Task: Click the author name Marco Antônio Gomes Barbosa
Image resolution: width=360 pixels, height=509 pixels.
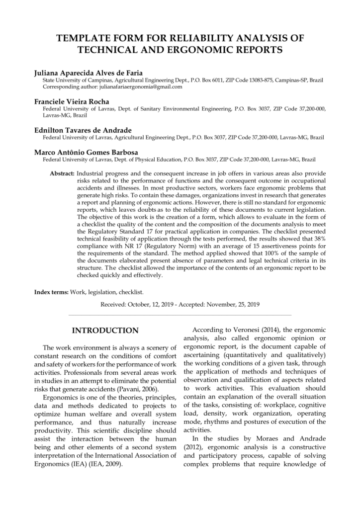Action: pyautogui.click(x=80, y=152)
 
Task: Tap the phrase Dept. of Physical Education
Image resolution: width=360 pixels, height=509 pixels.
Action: pyautogui.click(x=150, y=160)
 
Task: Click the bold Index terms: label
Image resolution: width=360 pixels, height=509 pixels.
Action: pyautogui.click(x=51, y=292)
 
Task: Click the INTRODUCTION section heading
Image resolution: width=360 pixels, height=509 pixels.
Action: pyautogui.click(x=105, y=331)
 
